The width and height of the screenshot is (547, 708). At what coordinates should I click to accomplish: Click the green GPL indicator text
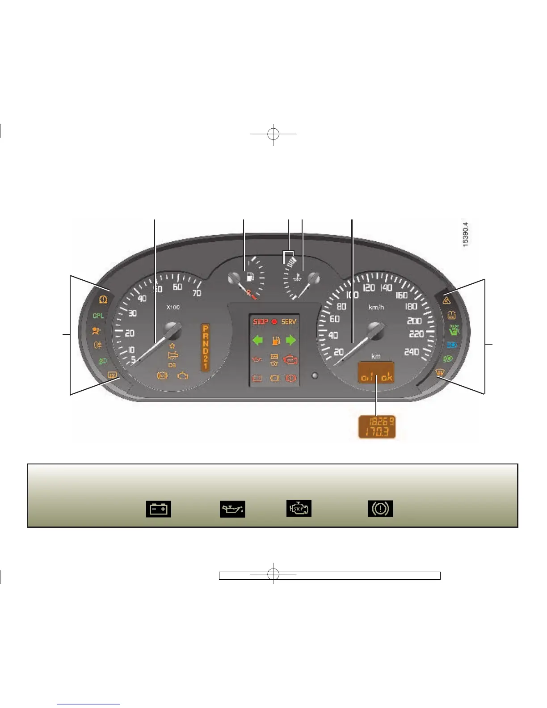coord(98,316)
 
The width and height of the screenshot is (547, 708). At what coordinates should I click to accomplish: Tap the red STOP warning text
coord(261,322)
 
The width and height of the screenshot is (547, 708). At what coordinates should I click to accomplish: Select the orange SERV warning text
coord(289,322)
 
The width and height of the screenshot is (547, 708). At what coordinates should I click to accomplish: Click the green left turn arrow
coord(258,341)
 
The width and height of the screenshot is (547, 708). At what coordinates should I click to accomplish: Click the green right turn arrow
coord(290,341)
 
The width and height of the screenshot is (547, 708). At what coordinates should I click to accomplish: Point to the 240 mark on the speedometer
coord(412,352)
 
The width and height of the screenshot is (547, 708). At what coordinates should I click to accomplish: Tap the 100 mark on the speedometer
coord(352,295)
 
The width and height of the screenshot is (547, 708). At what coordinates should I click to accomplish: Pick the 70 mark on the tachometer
coord(196,293)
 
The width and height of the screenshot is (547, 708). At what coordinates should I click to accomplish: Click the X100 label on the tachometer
coord(173,308)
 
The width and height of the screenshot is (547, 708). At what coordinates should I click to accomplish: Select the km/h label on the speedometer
coord(376,308)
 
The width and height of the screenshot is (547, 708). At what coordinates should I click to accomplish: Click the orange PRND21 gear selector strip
coord(205,347)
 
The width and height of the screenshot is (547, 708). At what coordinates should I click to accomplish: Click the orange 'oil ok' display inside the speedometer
coord(376,377)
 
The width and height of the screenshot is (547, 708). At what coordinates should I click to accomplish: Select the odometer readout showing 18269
coord(381,421)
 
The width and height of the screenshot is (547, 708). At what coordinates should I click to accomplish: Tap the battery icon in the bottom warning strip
coord(159,509)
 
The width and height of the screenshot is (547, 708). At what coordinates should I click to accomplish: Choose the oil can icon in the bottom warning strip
coord(232,509)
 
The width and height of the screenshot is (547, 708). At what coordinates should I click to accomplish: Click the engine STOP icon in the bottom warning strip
coord(299,509)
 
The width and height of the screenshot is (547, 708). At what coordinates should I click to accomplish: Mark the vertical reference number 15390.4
coord(465,235)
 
